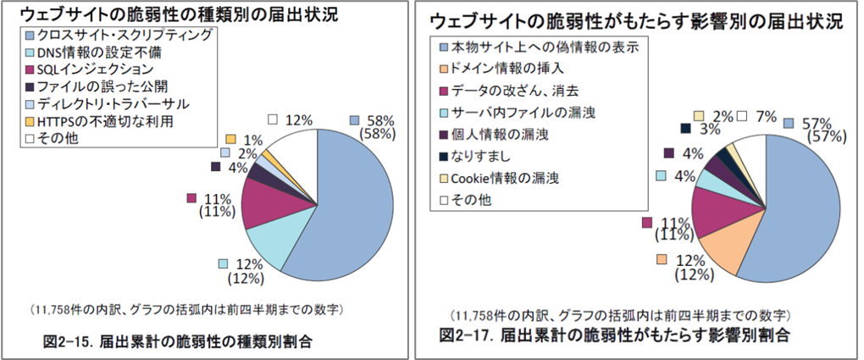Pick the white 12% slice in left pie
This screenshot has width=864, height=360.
(296, 152)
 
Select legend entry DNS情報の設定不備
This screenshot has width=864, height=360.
(94, 53)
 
